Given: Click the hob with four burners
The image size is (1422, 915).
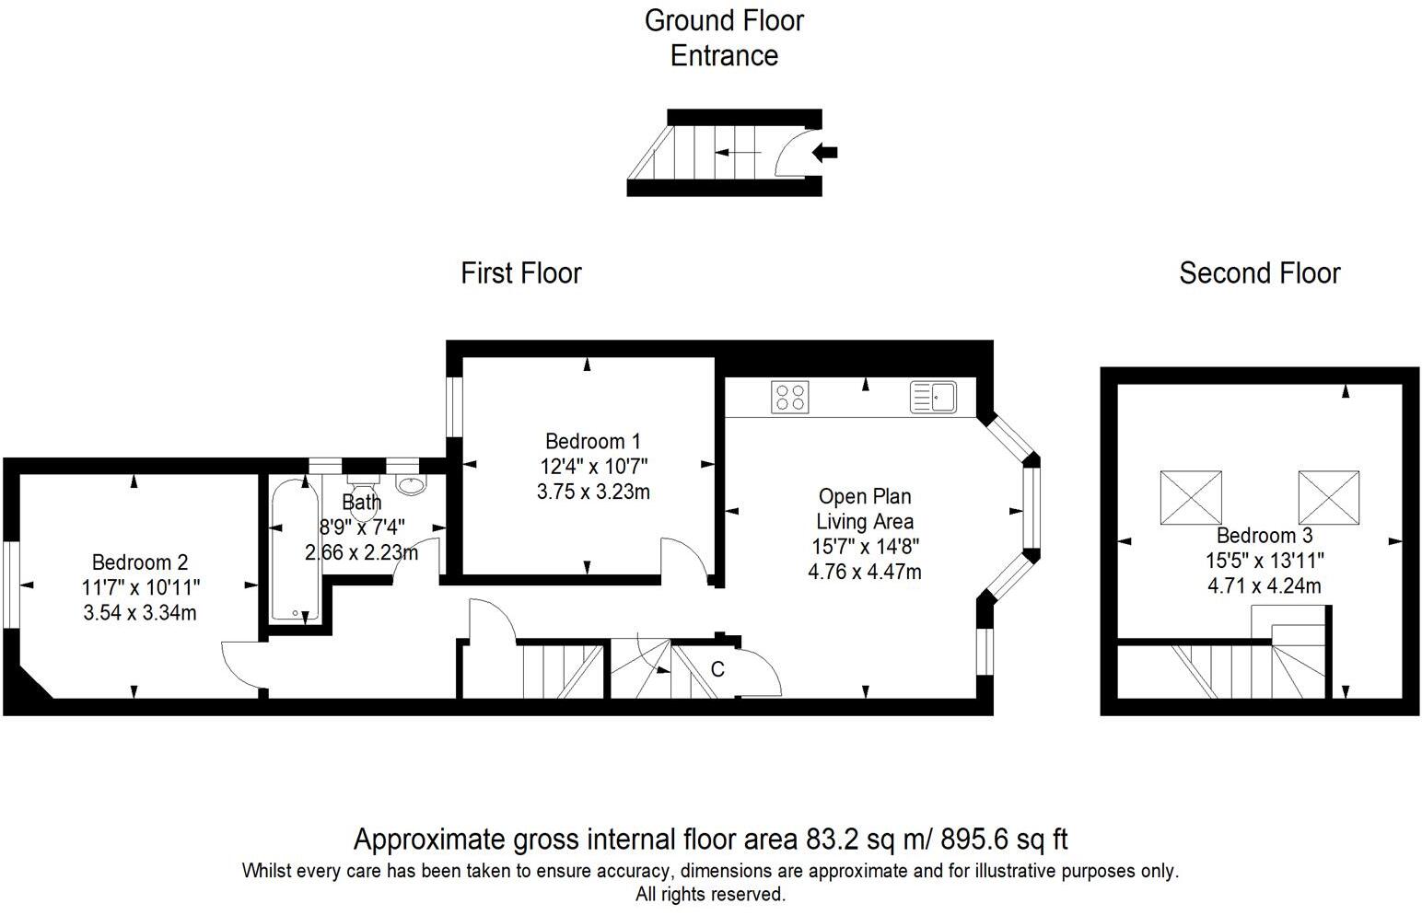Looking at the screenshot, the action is (789, 398).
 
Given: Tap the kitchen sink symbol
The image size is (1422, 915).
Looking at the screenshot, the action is (933, 398).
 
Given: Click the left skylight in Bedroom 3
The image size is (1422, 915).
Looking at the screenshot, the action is (1191, 497).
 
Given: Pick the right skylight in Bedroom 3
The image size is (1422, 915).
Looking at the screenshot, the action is (1329, 497).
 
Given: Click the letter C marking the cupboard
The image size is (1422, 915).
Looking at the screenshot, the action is (717, 669).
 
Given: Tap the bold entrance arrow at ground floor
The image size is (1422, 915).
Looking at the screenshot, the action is (824, 152).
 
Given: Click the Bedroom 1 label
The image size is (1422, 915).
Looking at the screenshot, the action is (593, 441).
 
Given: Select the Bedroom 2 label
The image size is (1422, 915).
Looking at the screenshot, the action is (140, 562).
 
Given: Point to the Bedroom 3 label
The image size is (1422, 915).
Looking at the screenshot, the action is (1265, 536).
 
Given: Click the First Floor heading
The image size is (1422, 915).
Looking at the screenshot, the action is (521, 273).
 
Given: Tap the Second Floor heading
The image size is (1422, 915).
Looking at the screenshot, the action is (1260, 273).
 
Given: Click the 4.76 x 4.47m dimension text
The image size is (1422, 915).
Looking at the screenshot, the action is (865, 572).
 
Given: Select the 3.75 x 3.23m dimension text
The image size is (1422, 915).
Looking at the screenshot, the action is (593, 492).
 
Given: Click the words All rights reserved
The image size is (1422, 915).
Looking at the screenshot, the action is (710, 895).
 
